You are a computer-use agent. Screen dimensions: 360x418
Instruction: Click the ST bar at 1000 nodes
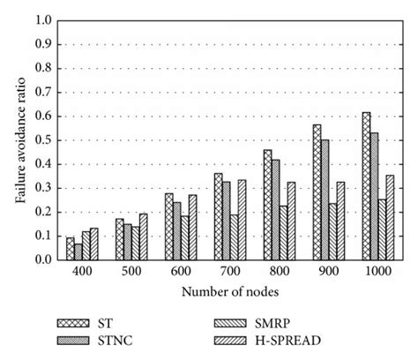[366, 186]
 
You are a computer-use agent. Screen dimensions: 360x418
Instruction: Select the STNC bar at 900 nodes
[325, 199]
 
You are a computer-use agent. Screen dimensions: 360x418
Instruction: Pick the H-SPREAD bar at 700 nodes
[242, 220]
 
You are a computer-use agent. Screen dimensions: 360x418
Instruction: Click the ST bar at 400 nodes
[70, 249]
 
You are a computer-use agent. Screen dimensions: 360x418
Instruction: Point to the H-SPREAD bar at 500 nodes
[143, 236]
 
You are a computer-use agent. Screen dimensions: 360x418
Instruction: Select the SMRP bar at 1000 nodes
[382, 229]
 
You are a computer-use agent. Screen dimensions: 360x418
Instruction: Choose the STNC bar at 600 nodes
[176, 231]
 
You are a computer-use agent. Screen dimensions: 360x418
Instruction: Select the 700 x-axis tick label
[227, 273]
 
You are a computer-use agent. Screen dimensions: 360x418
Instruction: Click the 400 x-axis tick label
[78, 273]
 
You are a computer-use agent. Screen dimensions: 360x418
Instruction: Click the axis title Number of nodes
[227, 292]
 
